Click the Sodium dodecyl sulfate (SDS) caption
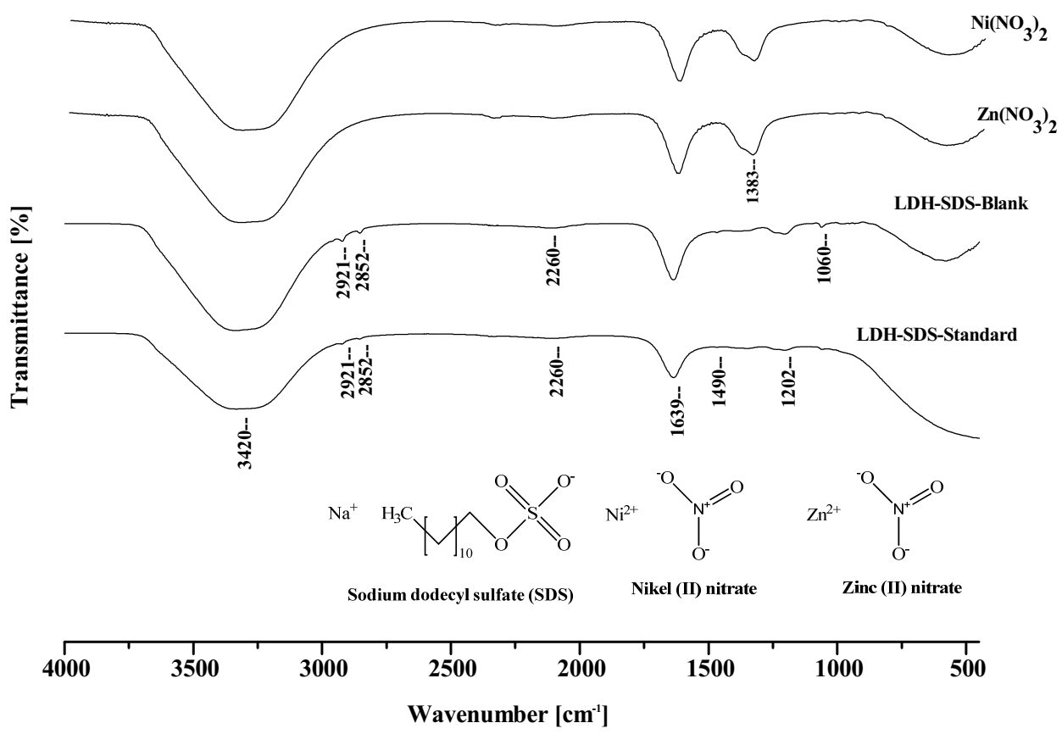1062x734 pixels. tap(461, 595)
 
